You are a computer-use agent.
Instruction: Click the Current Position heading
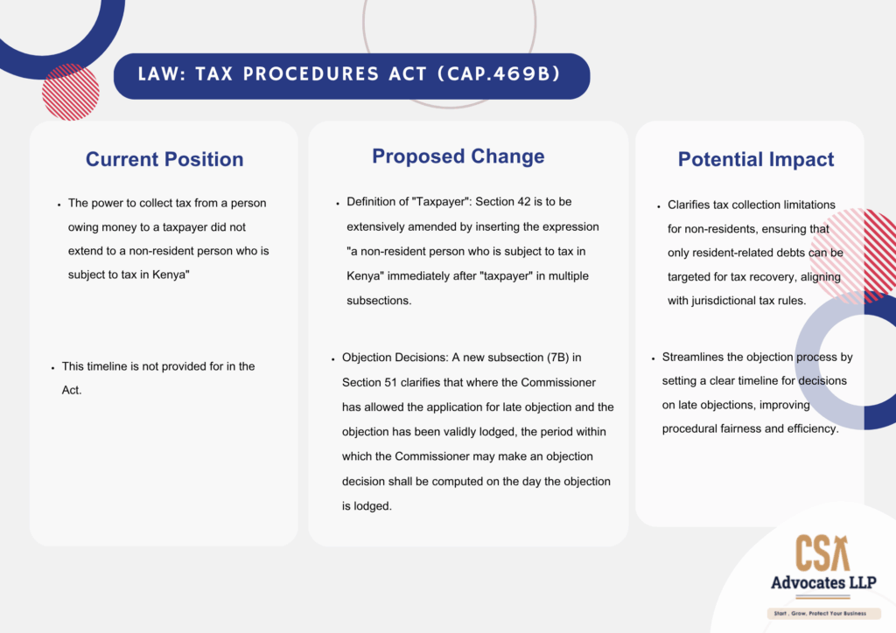pyautogui.click(x=164, y=159)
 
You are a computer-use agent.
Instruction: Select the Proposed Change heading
pyautogui.click(x=458, y=157)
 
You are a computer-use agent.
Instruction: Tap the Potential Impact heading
pyautogui.click(x=756, y=159)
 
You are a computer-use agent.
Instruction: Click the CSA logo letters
pyautogui.click(x=822, y=553)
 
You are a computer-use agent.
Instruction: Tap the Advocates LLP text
pyautogui.click(x=823, y=583)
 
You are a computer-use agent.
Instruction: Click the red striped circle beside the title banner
pyautogui.click(x=71, y=92)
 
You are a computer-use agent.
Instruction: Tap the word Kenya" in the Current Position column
pyautogui.click(x=171, y=275)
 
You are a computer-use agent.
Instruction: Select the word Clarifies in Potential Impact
pyautogui.click(x=689, y=205)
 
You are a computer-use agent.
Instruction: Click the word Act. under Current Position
pyautogui.click(x=72, y=391)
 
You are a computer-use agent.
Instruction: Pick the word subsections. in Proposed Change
pyautogui.click(x=379, y=301)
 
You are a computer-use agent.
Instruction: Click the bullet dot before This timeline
pyautogui.click(x=52, y=368)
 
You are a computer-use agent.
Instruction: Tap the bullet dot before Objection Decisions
pyautogui.click(x=332, y=359)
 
